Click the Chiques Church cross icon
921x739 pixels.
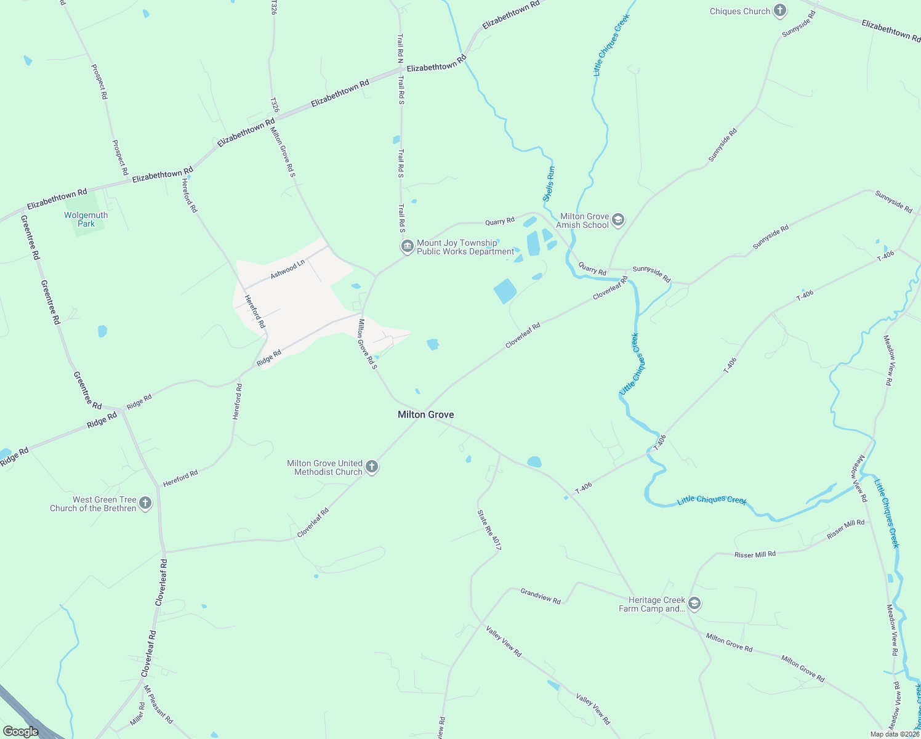click(x=780, y=10)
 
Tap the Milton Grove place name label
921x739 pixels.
click(x=425, y=414)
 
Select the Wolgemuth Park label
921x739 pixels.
click(x=86, y=219)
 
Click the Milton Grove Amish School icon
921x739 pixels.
click(x=618, y=220)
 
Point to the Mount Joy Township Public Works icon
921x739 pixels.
click(x=407, y=247)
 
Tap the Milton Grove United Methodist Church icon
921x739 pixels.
click(x=372, y=467)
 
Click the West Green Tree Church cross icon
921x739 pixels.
click(x=145, y=503)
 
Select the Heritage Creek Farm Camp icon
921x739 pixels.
click(x=694, y=604)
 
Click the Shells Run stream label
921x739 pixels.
click(x=549, y=184)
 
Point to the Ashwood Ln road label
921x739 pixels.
click(x=288, y=269)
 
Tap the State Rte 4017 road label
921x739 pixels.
click(x=489, y=530)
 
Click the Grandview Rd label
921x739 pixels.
click(x=541, y=596)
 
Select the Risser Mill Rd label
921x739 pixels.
click(x=755, y=554)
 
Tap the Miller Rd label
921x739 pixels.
click(x=137, y=714)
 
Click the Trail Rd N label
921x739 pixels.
click(x=400, y=49)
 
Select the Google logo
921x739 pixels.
click(x=20, y=732)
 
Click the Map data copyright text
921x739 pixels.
click(x=894, y=734)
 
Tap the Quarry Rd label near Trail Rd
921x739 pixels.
click(x=500, y=221)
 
